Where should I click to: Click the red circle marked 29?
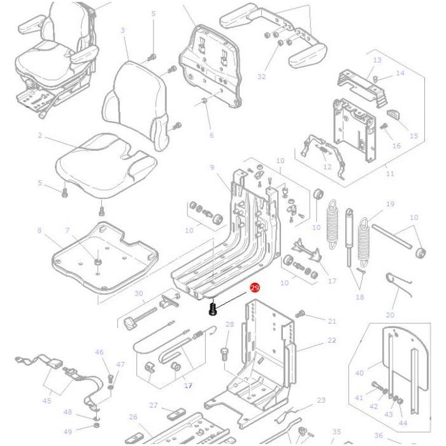click(255, 289)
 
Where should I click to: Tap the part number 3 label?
click(122, 30)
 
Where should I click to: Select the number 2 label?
click(40, 135)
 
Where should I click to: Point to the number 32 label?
click(261, 76)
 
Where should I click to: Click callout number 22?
click(332, 341)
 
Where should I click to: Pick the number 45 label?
click(47, 401)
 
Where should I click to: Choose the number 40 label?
click(359, 373)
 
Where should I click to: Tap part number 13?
click(377, 60)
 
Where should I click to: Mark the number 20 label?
click(390, 315)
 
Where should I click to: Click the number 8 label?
click(40, 230)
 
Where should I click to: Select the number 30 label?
click(139, 294)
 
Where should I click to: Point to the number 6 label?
click(212, 135)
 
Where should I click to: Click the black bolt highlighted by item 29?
click(214, 310)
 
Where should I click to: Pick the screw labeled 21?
click(302, 313)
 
